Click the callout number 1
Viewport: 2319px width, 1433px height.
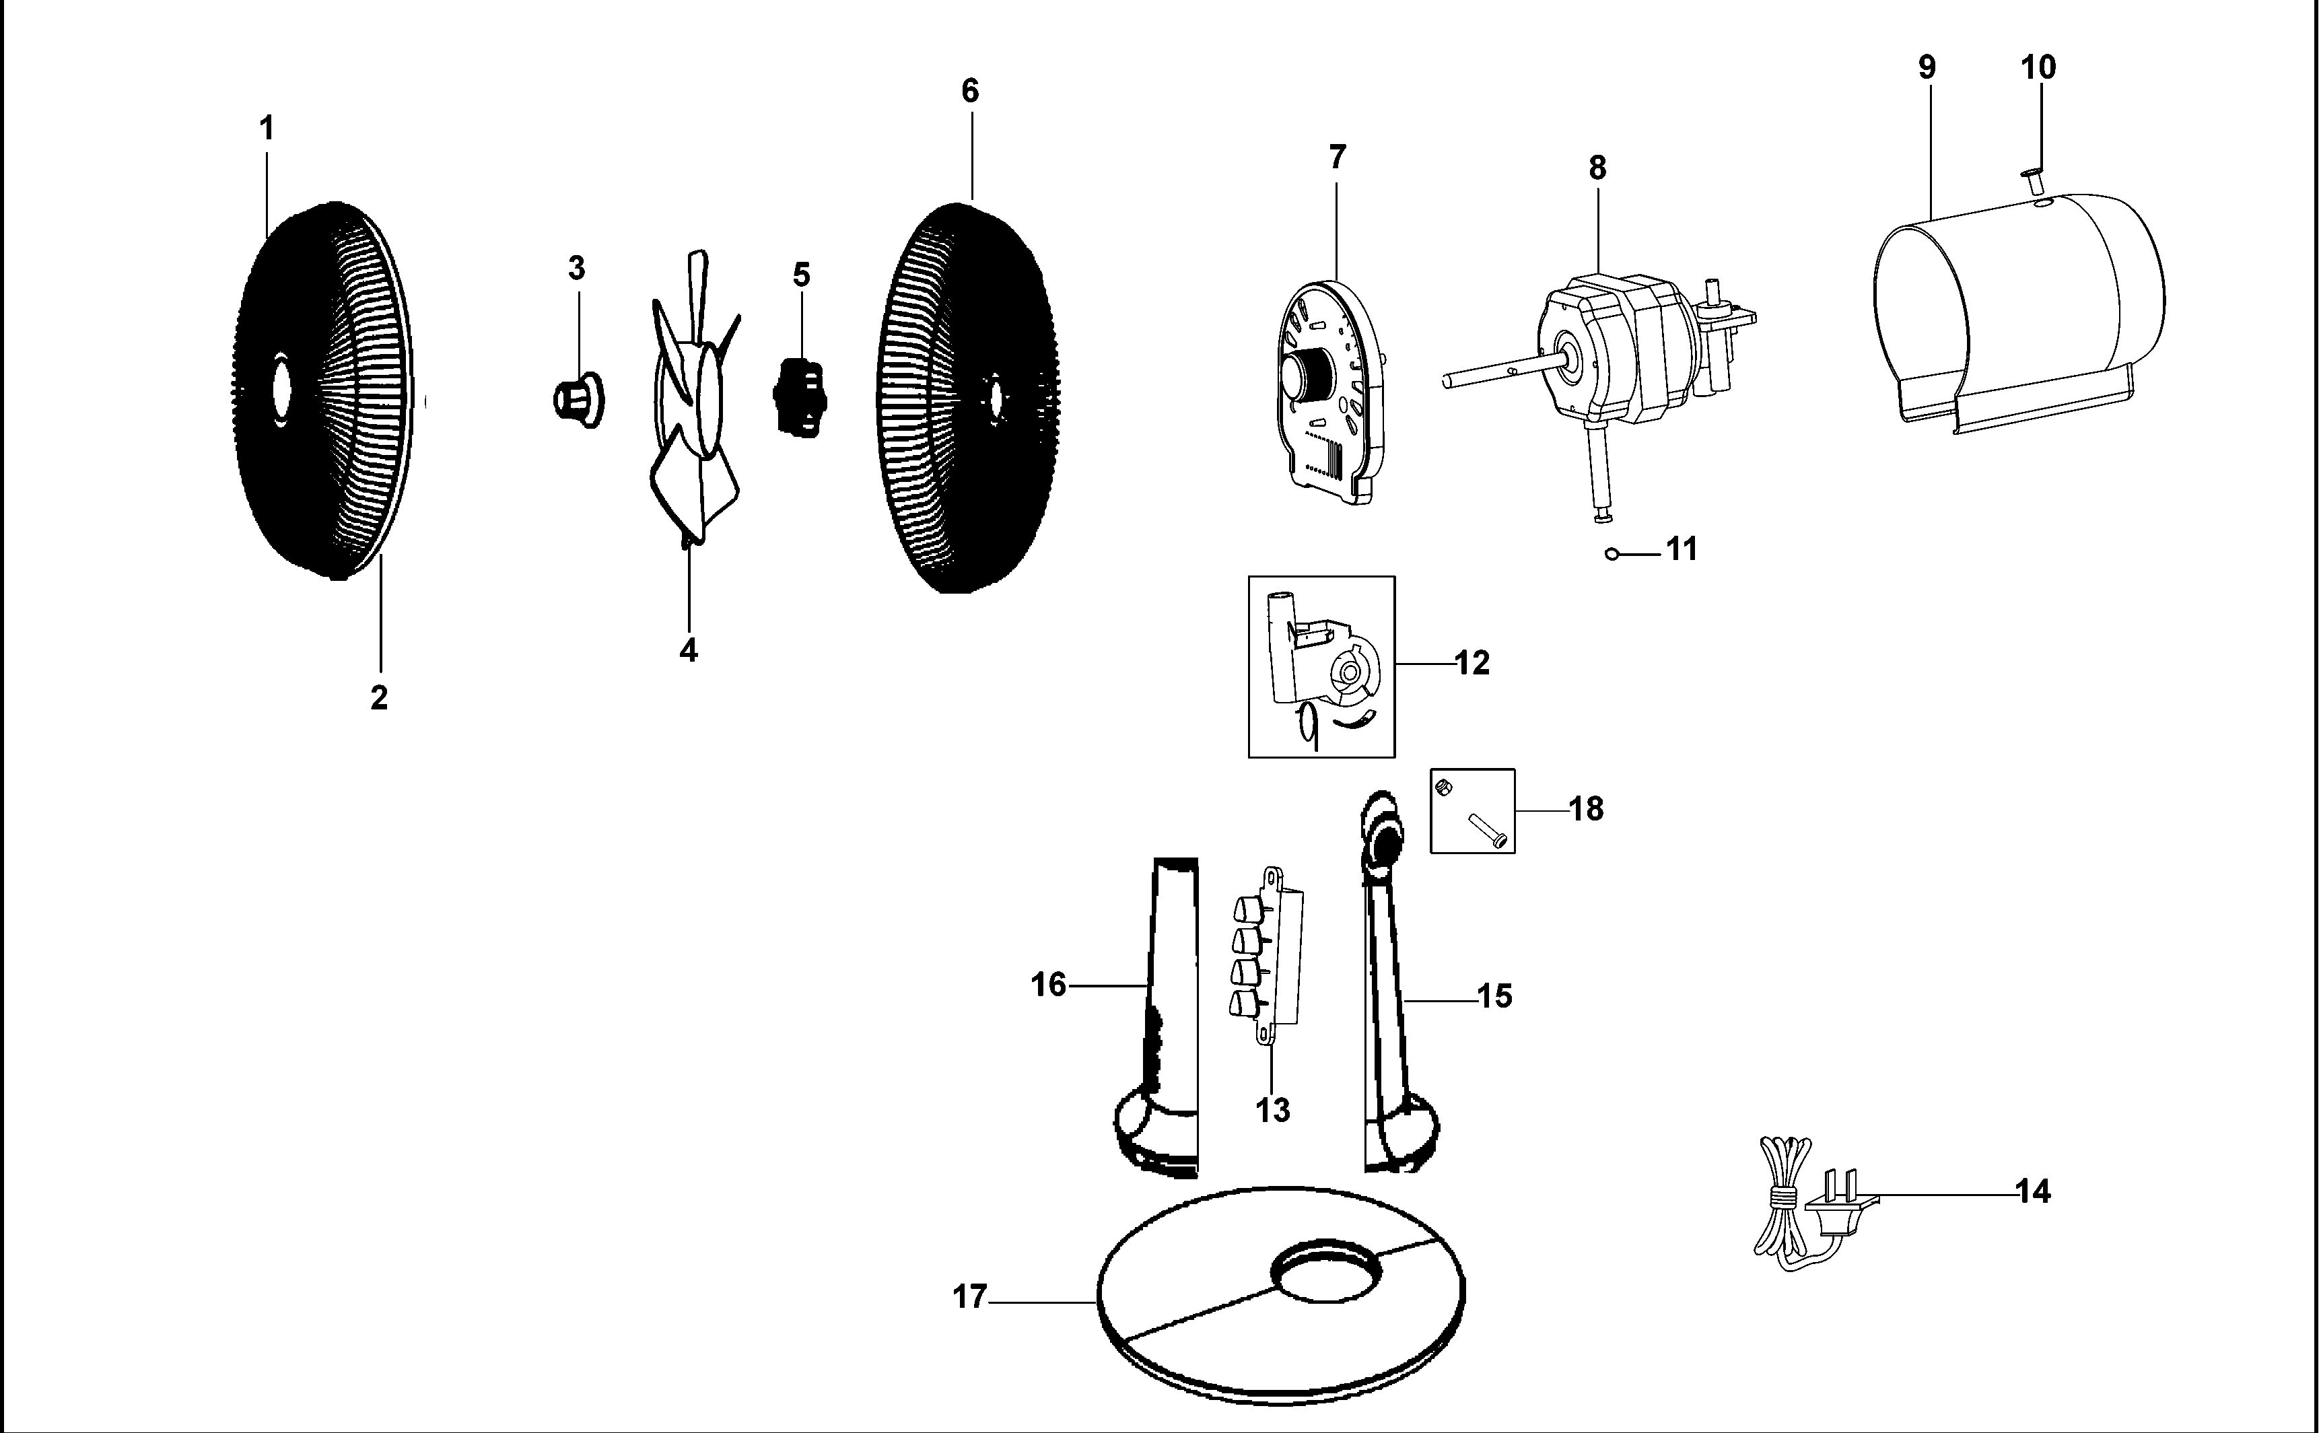tap(267, 128)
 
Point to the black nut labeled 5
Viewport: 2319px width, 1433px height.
tap(801, 397)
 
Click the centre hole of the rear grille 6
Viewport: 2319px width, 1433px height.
tap(994, 397)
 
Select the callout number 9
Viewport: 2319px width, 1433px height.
tap(1927, 67)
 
